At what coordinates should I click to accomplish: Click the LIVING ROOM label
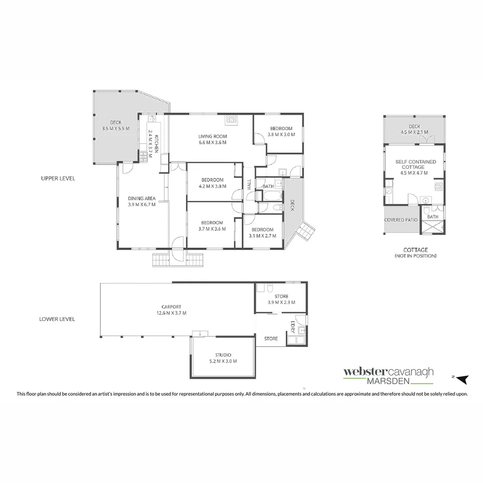[x=213, y=136]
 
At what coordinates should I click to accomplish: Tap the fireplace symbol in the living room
[x=232, y=119]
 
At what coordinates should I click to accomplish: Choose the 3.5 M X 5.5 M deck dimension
[x=115, y=129]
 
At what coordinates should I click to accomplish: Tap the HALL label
[x=249, y=185]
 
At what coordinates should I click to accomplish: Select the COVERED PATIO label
[x=401, y=220]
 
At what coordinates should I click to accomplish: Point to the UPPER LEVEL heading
[x=57, y=178]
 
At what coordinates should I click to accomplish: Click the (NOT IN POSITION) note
[x=415, y=256]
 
